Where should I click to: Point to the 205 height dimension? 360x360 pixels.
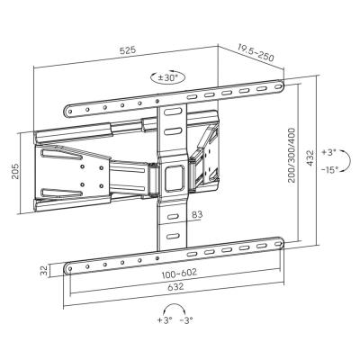tap(15, 173)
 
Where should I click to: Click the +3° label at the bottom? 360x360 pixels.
tap(164, 346)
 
